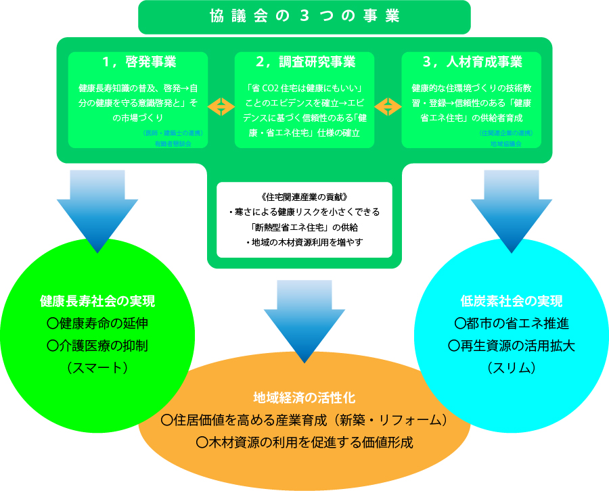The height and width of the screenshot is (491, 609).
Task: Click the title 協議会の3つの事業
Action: [304, 17]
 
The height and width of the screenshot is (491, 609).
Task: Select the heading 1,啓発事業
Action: [139, 62]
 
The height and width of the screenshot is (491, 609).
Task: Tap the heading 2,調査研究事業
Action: [305, 62]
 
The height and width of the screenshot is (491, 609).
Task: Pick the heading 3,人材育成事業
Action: [472, 62]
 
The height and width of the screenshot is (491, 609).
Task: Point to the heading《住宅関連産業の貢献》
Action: [304, 197]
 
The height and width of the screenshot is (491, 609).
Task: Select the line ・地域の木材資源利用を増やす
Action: [304, 242]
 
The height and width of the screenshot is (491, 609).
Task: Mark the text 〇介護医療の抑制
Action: [97, 346]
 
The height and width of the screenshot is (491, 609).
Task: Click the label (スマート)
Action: [97, 368]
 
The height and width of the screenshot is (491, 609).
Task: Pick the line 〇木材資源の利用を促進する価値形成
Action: [304, 442]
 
